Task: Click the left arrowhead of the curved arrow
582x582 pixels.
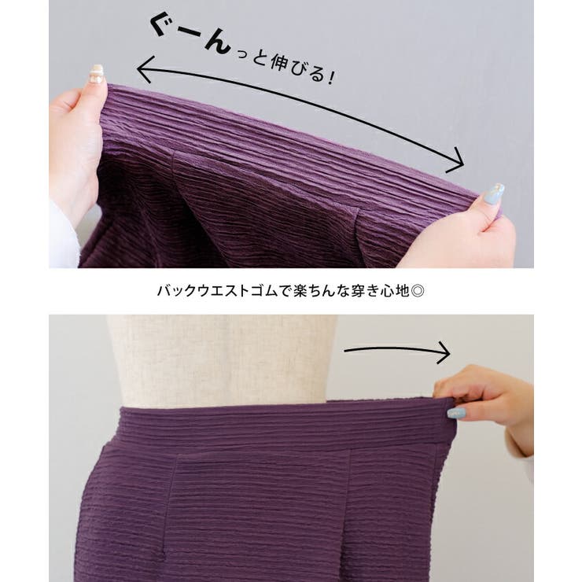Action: [143, 72]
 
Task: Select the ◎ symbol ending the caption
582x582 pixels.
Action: [419, 290]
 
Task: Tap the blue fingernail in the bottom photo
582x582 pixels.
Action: [455, 413]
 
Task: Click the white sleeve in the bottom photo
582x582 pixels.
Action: [523, 452]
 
